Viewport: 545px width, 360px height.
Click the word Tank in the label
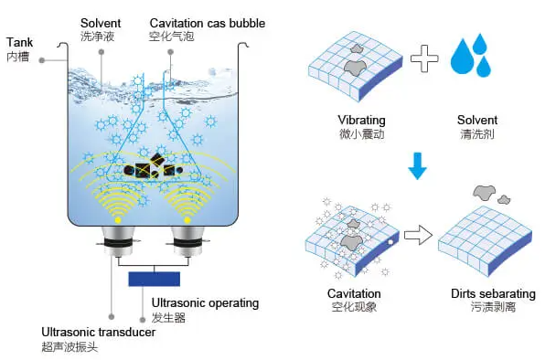(x=19, y=42)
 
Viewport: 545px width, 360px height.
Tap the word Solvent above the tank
(x=101, y=23)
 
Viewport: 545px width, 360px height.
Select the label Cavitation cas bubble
(x=208, y=23)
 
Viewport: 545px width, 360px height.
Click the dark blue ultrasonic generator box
(x=155, y=279)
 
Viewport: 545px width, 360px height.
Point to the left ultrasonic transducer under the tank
(x=118, y=241)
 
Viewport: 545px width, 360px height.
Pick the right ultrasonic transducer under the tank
(x=187, y=241)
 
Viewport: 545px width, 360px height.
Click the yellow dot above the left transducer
(x=118, y=220)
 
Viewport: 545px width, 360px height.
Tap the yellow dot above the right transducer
(x=187, y=220)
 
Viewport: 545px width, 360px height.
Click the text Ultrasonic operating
(x=205, y=303)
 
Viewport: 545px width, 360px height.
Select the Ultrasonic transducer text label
(x=99, y=333)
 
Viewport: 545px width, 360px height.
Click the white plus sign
(x=424, y=58)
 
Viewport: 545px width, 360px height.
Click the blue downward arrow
(x=417, y=166)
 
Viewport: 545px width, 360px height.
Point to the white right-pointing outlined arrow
(x=419, y=236)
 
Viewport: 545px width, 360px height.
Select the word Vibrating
(x=361, y=121)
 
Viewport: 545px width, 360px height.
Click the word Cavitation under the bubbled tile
(x=354, y=293)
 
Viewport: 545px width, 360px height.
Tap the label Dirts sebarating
(x=493, y=294)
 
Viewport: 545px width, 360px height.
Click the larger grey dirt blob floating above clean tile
(x=484, y=192)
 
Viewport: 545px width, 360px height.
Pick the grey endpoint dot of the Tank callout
(x=42, y=60)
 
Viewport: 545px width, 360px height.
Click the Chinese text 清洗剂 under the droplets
(x=477, y=134)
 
